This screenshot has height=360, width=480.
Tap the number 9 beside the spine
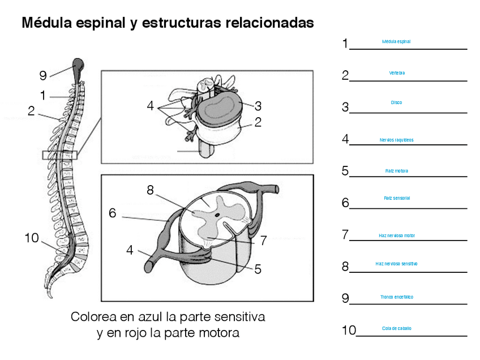[43, 75]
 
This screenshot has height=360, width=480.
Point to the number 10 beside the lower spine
[32, 238]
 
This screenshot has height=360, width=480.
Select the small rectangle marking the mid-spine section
[59, 155]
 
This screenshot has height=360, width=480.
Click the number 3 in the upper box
[258, 106]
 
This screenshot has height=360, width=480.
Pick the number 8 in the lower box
[150, 190]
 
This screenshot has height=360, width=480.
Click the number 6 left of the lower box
[113, 213]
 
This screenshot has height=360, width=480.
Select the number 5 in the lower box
[258, 269]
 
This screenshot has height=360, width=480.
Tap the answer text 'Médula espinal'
[396, 42]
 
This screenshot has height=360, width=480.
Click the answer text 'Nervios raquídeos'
[396, 140]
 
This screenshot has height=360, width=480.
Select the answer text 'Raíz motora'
[396, 171]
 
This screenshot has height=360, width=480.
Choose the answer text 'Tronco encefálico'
[396, 297]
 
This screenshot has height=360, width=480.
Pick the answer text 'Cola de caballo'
[396, 329]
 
